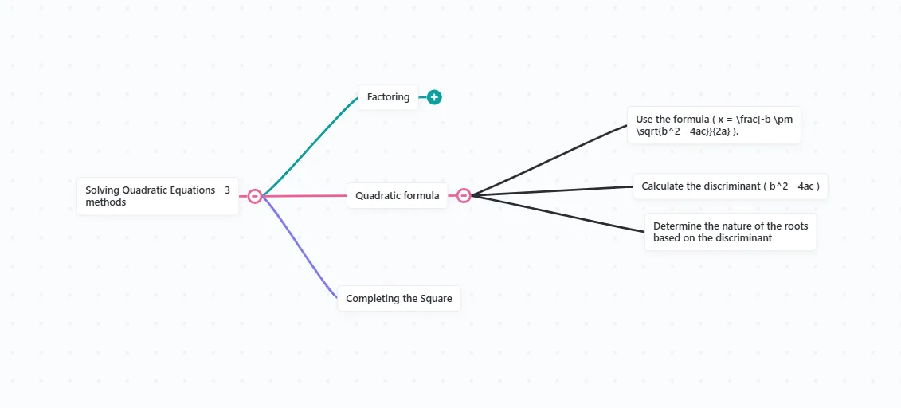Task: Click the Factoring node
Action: click(388, 97)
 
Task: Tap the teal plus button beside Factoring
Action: click(434, 97)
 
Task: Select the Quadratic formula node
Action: click(397, 195)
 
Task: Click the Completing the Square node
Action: click(399, 298)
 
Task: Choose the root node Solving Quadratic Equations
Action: click(158, 196)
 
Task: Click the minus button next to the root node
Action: click(255, 196)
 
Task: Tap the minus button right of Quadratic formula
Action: click(464, 195)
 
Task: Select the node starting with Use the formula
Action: click(714, 124)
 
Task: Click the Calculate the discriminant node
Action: click(731, 186)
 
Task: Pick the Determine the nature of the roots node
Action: click(731, 232)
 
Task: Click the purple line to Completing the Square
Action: click(299, 246)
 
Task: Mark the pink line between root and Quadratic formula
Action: click(304, 196)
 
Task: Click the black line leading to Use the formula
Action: click(549, 159)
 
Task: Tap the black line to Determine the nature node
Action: click(558, 214)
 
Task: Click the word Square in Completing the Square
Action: click(436, 298)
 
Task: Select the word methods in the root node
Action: click(106, 202)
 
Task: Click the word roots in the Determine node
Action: click(797, 226)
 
